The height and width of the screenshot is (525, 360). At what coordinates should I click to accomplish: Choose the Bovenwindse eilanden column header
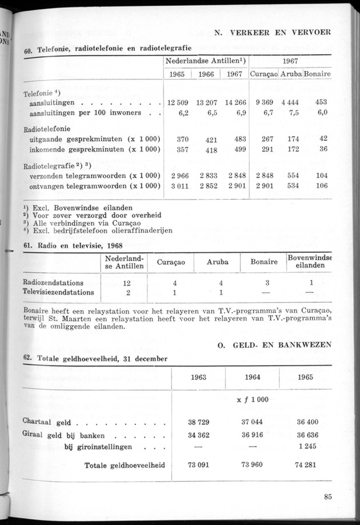(x=311, y=262)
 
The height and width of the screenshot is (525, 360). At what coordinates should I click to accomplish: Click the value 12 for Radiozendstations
(x=126, y=283)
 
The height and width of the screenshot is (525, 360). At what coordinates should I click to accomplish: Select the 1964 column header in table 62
(x=253, y=377)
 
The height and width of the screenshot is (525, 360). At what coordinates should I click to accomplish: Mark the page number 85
(x=327, y=496)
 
